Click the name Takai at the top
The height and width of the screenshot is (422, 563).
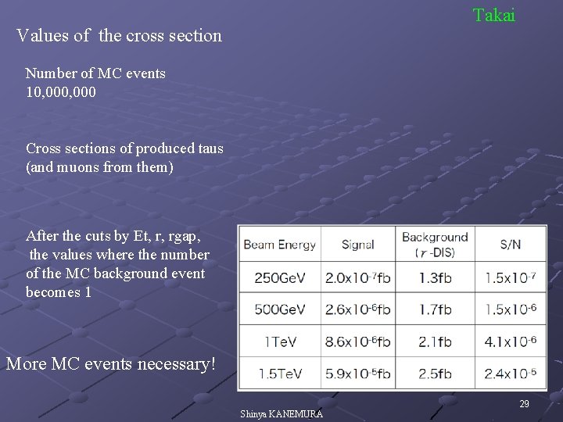click(x=493, y=15)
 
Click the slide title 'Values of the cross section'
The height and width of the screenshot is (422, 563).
click(x=119, y=36)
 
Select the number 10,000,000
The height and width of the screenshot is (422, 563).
click(x=61, y=91)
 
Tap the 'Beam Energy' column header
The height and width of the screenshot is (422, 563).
click(x=280, y=245)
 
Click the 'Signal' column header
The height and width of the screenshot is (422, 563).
click(x=358, y=245)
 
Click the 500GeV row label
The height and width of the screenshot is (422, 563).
click(x=280, y=309)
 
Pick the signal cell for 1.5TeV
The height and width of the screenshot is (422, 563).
click(x=358, y=373)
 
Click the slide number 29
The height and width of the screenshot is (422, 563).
click(x=525, y=403)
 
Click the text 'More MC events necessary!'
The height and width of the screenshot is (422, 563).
click(x=109, y=364)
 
